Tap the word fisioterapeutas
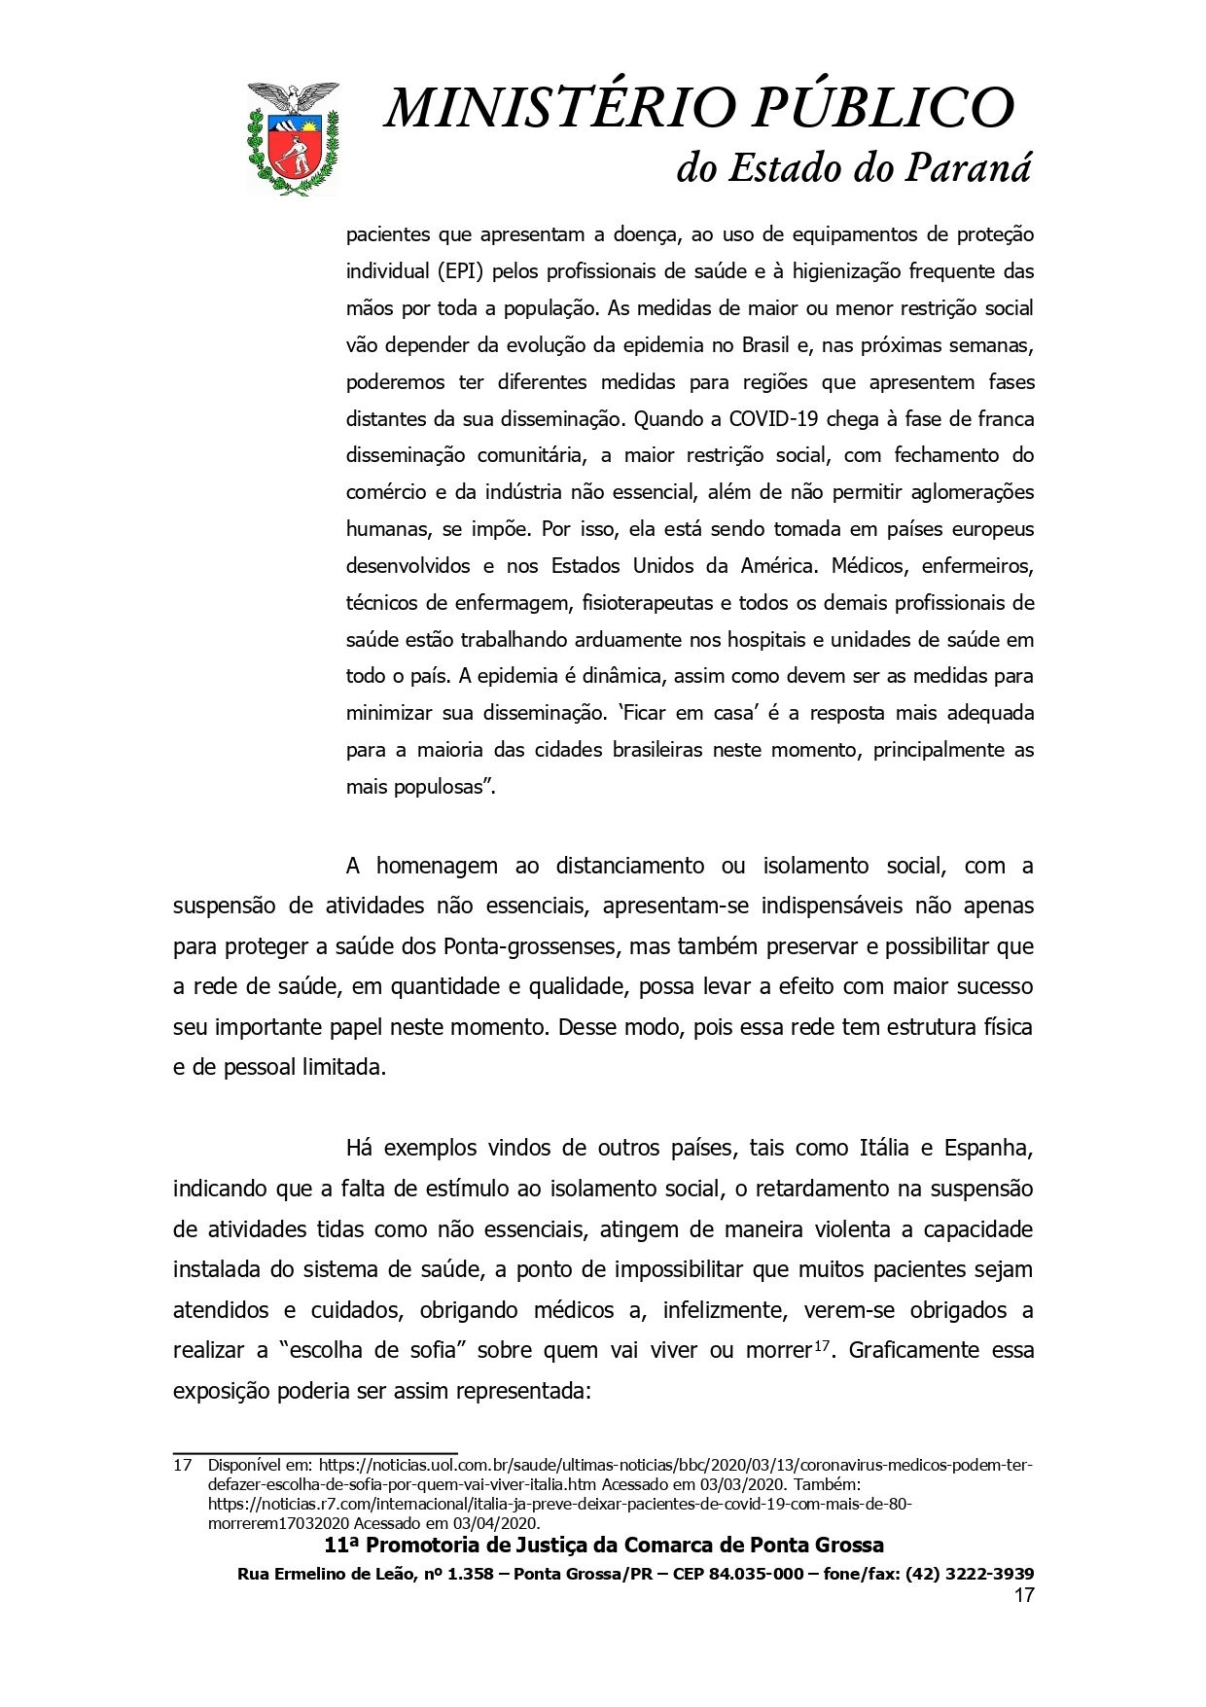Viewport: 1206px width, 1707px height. [647, 602]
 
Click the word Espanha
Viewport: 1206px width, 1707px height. [988, 1147]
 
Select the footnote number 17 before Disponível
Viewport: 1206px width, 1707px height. [182, 1465]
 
